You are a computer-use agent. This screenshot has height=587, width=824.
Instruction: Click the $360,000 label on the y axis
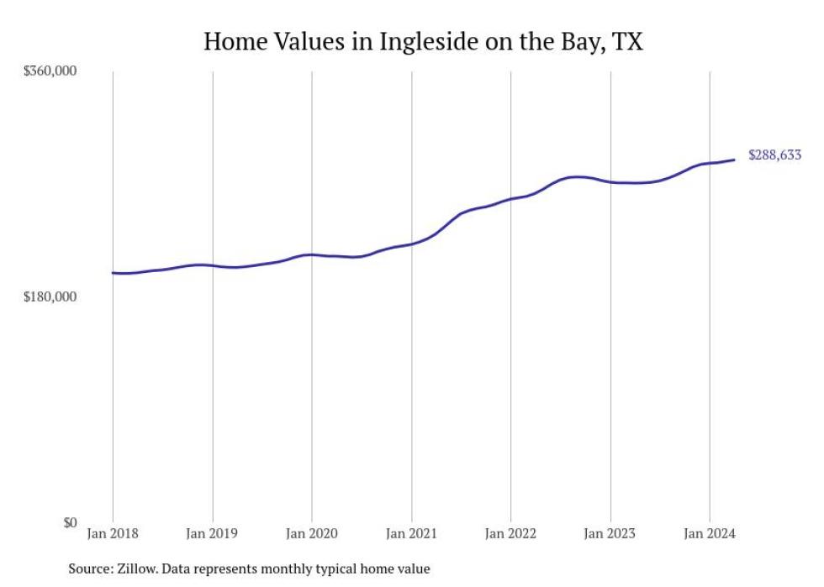(x=50, y=71)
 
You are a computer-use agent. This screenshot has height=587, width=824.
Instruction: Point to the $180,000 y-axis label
(x=50, y=297)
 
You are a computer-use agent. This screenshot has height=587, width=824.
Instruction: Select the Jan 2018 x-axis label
(x=113, y=534)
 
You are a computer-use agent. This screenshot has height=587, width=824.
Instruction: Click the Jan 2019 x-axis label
(x=212, y=534)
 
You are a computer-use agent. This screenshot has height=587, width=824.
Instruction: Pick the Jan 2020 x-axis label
(x=311, y=534)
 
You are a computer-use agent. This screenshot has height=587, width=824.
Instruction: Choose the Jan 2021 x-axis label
(x=411, y=534)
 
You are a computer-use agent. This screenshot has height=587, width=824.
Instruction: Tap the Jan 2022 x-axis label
(x=510, y=534)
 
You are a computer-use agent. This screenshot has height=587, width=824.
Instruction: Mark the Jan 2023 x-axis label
(x=610, y=534)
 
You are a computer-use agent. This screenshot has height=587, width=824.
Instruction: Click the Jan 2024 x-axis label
(x=710, y=534)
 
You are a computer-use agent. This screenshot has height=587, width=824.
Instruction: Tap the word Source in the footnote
(x=90, y=569)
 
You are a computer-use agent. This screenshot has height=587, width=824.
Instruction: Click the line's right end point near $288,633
(x=735, y=160)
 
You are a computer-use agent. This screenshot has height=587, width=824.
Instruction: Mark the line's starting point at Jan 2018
(x=113, y=273)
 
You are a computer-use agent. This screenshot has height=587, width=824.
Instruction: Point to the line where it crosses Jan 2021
(x=411, y=244)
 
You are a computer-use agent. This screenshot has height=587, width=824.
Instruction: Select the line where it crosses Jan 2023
(x=610, y=181)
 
